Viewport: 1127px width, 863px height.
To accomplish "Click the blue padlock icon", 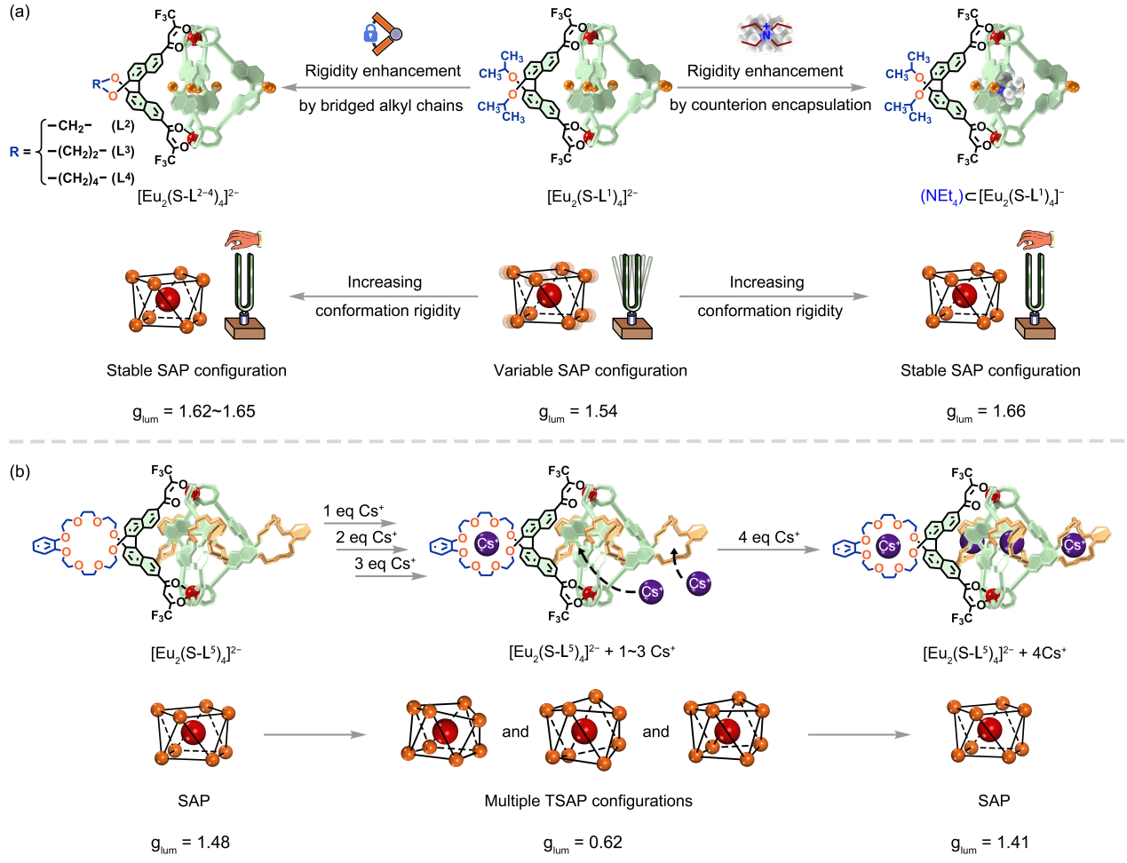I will click(x=369, y=34).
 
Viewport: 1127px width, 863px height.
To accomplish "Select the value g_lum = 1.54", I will click(x=577, y=412).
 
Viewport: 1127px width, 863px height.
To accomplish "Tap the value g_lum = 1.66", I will click(x=986, y=412).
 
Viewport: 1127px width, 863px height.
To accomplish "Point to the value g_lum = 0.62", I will click(x=583, y=843).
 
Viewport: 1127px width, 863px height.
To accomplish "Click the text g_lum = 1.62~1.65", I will click(x=193, y=412).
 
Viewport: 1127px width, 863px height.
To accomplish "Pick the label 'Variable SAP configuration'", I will click(x=590, y=370).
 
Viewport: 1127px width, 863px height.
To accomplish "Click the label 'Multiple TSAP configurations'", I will click(x=588, y=801).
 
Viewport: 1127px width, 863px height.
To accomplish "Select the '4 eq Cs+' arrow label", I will click(x=769, y=537).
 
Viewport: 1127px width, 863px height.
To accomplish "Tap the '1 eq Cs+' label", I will click(x=353, y=511).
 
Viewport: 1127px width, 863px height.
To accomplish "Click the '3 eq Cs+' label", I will click(x=385, y=564).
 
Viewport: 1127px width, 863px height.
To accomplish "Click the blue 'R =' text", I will click(x=20, y=152).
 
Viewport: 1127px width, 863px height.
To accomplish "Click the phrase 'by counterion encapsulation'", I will click(x=770, y=105).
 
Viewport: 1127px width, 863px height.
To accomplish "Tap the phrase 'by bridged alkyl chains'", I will click(x=380, y=106).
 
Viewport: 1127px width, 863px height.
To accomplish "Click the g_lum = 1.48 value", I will click(x=190, y=843).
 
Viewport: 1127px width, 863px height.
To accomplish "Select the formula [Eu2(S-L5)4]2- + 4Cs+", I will click(x=995, y=653).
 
